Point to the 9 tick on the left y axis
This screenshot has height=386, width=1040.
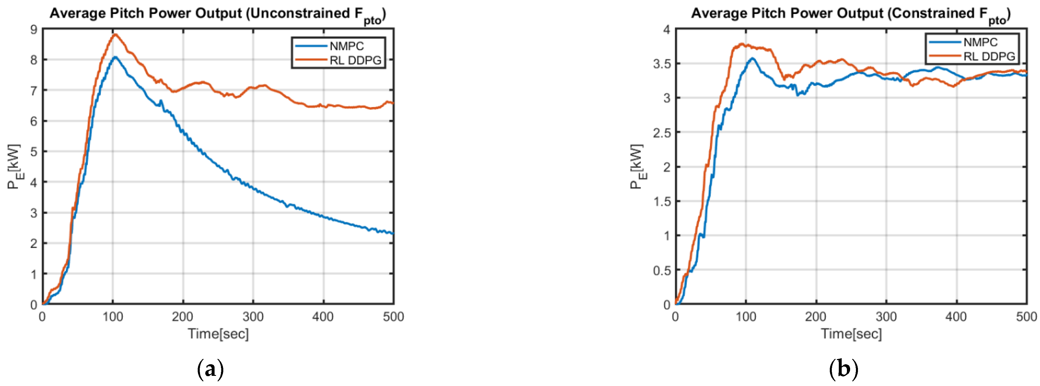[x=33, y=30]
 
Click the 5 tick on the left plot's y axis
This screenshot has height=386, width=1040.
[x=33, y=152]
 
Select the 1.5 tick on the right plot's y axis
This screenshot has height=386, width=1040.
[x=661, y=201]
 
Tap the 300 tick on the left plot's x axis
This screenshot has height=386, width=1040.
[x=253, y=317]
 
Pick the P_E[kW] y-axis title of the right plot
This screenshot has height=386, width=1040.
[x=638, y=166]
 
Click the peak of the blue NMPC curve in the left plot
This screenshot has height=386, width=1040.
[x=115, y=57]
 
